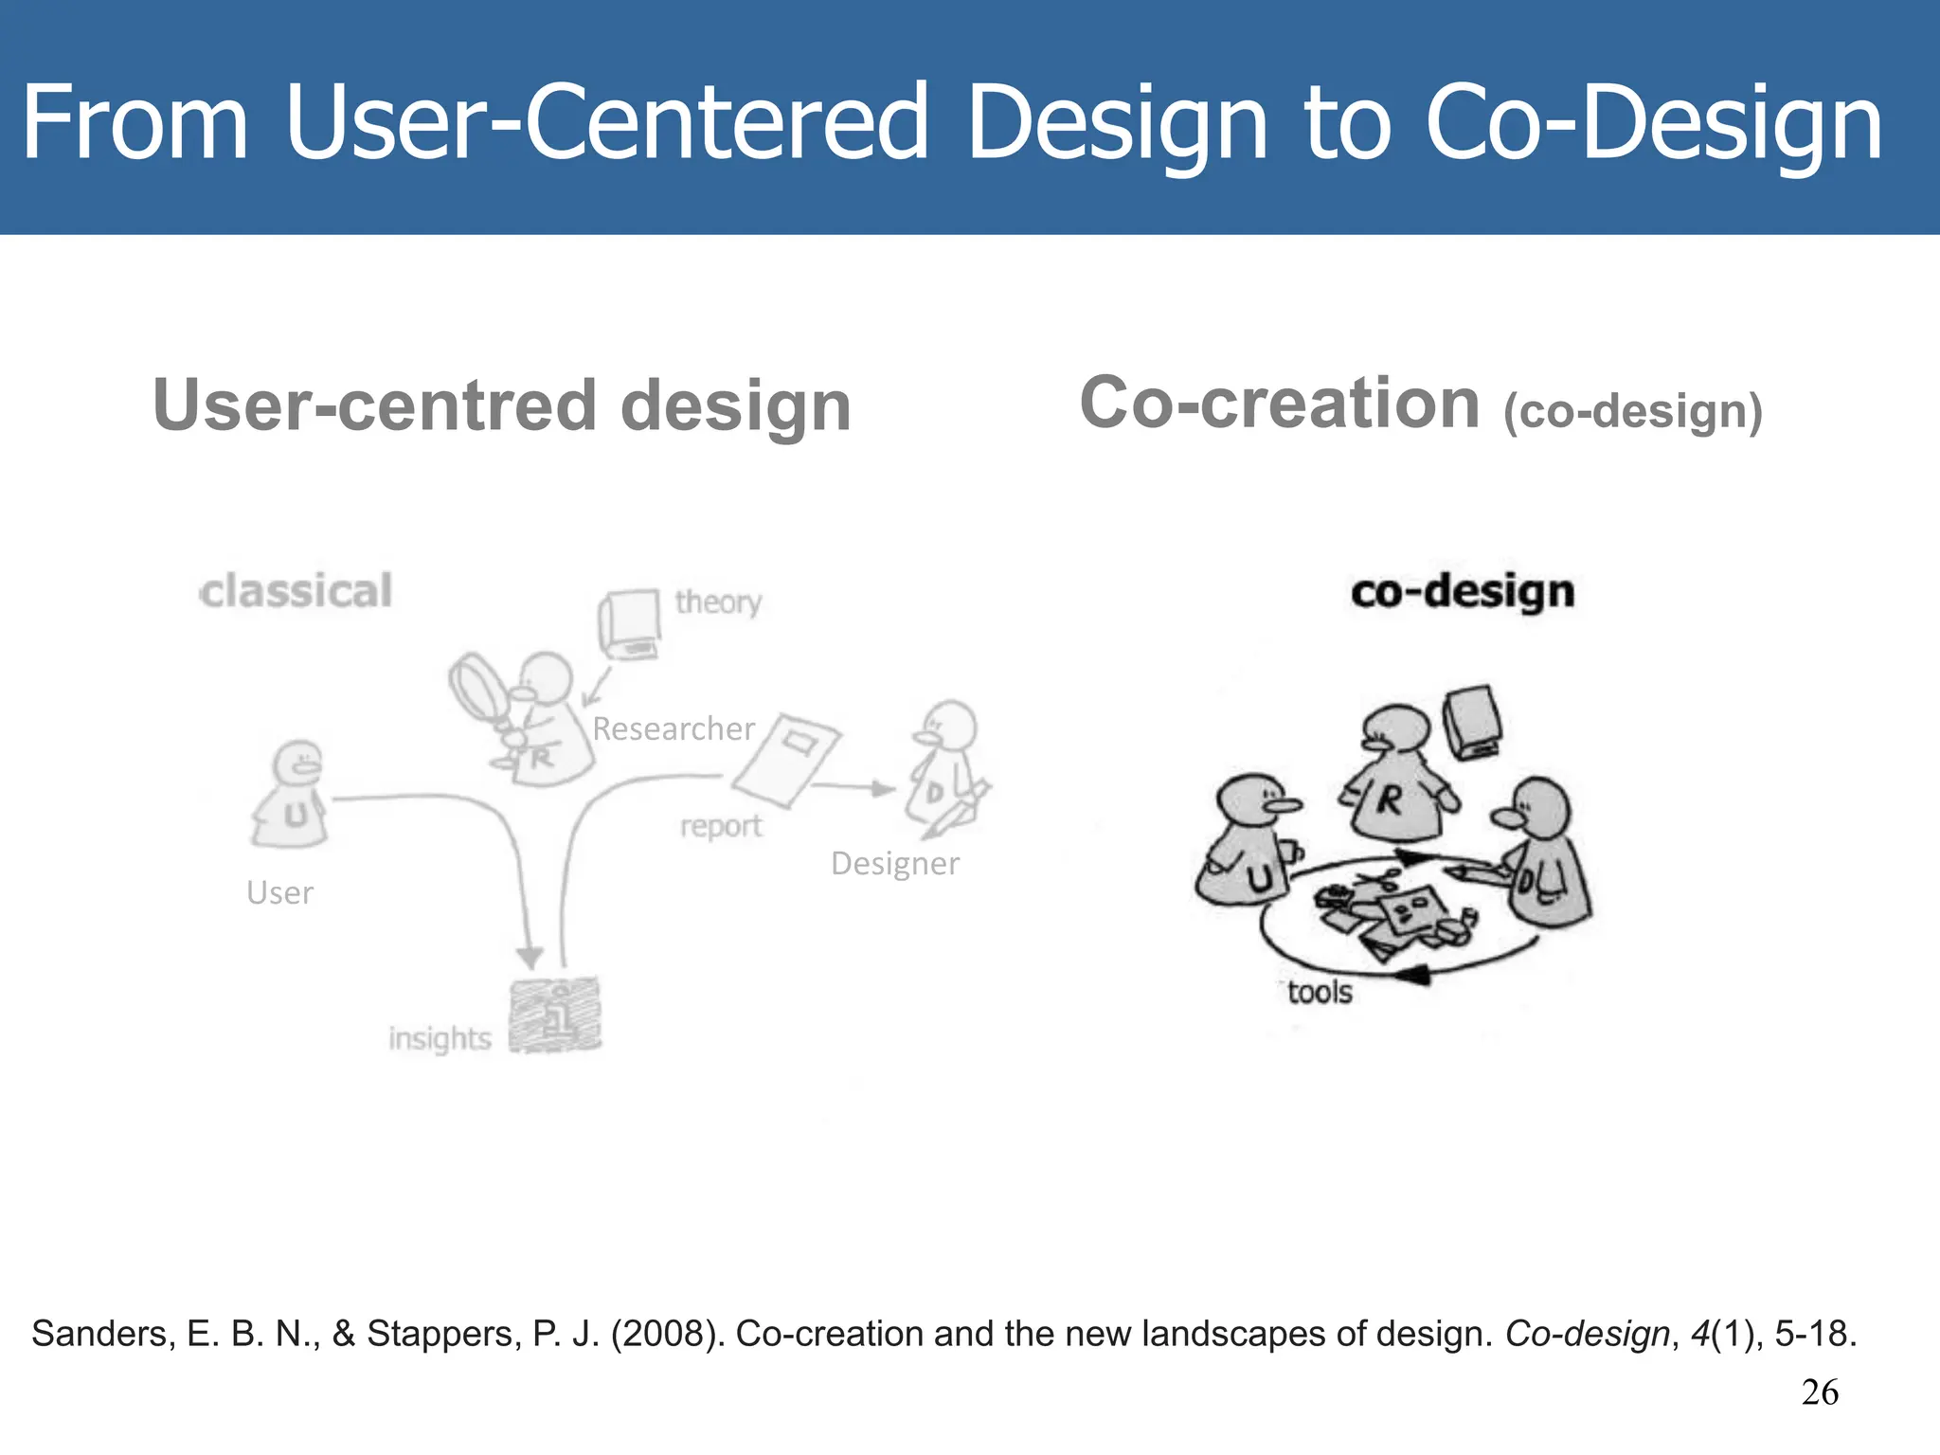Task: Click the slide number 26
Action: pyautogui.click(x=1820, y=1392)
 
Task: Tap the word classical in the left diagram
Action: pyautogui.click(x=296, y=591)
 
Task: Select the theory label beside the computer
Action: pyautogui.click(x=718, y=602)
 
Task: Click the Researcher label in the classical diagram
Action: pyautogui.click(x=674, y=728)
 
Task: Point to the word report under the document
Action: pyautogui.click(x=721, y=826)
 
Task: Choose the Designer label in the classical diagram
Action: pyautogui.click(x=894, y=863)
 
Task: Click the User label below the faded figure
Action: pyautogui.click(x=279, y=892)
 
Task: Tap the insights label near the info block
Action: pyautogui.click(x=440, y=1038)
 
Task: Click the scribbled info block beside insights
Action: pyautogui.click(x=555, y=1015)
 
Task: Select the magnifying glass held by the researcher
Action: pyautogui.click(x=480, y=689)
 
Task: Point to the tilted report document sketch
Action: pyautogui.click(x=786, y=760)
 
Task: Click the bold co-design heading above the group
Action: pyautogui.click(x=1463, y=591)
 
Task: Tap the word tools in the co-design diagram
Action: pyautogui.click(x=1320, y=992)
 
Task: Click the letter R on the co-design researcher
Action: pyautogui.click(x=1389, y=800)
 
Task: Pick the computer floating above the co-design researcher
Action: pyautogui.click(x=1472, y=722)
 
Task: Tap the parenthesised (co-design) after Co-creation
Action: pyautogui.click(x=1633, y=412)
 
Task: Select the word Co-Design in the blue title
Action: pyautogui.click(x=1654, y=123)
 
